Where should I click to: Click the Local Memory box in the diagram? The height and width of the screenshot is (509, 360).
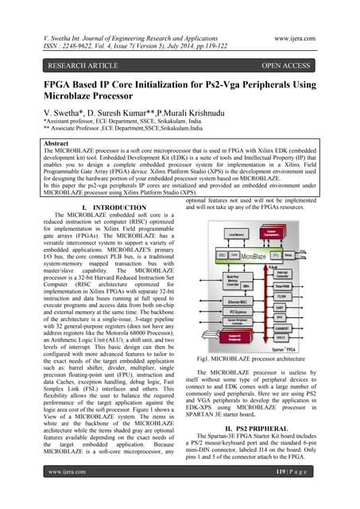[x=236, y=235]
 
